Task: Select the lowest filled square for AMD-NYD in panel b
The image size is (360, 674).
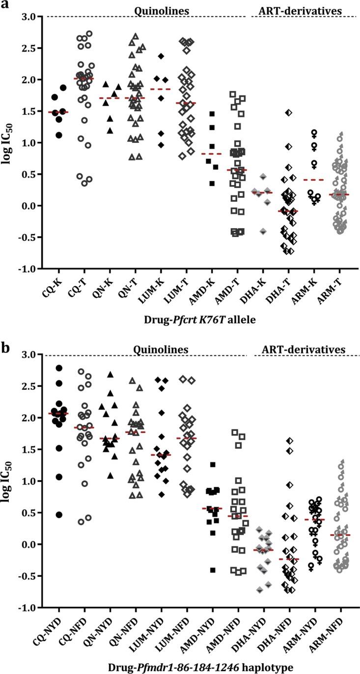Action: [x=212, y=570]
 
